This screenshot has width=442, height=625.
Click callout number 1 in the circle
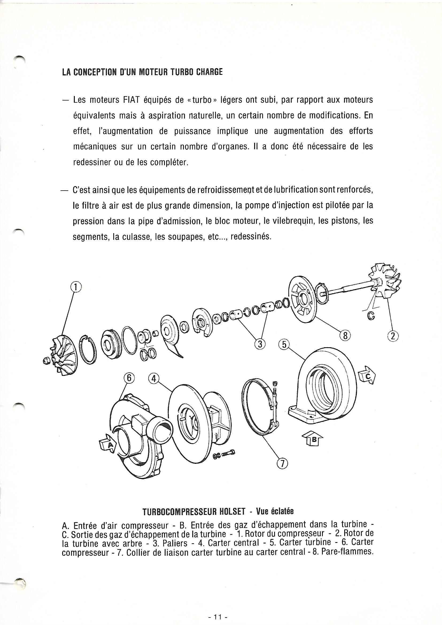tap(76, 287)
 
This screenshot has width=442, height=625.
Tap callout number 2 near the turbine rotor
tap(393, 336)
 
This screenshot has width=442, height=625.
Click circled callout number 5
tap(283, 345)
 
